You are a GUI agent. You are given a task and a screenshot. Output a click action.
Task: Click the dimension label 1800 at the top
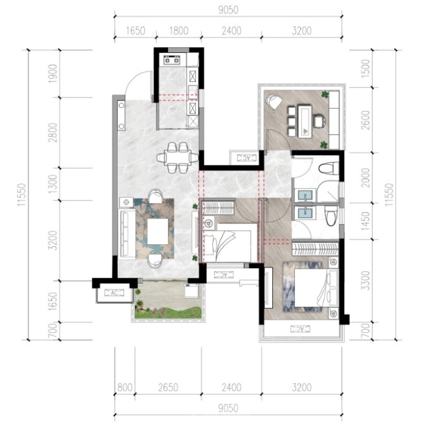tap(178, 31)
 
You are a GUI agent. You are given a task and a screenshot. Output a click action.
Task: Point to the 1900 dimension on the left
tap(52, 74)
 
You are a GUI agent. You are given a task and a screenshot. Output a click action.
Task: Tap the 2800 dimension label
tap(52, 132)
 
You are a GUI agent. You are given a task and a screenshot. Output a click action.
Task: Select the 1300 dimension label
tap(52, 183)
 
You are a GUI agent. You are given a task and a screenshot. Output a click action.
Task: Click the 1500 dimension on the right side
tap(365, 68)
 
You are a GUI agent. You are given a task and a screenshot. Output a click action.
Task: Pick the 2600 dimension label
tap(365, 120)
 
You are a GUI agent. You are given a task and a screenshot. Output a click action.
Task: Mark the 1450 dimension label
tap(365, 221)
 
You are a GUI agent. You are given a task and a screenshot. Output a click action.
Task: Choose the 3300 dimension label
tap(365, 280)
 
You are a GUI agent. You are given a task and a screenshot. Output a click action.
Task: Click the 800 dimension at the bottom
tap(125, 388)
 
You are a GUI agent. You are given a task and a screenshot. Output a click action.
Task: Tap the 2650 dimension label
tap(168, 388)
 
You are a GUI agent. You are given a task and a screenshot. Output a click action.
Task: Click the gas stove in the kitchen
tap(171, 59)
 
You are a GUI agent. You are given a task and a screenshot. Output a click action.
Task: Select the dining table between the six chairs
tap(178, 158)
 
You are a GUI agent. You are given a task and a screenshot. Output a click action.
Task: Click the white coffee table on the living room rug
tap(158, 231)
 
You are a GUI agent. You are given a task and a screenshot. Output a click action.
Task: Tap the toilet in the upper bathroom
tap(329, 168)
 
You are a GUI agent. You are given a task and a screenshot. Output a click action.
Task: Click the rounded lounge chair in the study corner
tap(274, 101)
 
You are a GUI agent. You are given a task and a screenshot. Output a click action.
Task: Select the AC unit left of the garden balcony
tap(114, 293)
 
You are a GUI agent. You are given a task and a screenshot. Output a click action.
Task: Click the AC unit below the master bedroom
tap(300, 329)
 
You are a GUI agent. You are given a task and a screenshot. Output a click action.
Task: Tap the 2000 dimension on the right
tap(365, 178)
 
